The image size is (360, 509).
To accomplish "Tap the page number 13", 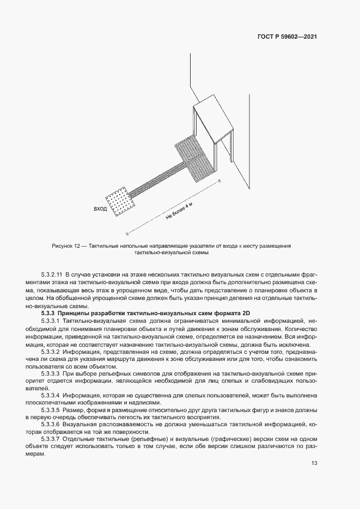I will coord(314,463).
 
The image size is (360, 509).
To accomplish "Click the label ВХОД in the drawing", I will coord(100,208).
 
